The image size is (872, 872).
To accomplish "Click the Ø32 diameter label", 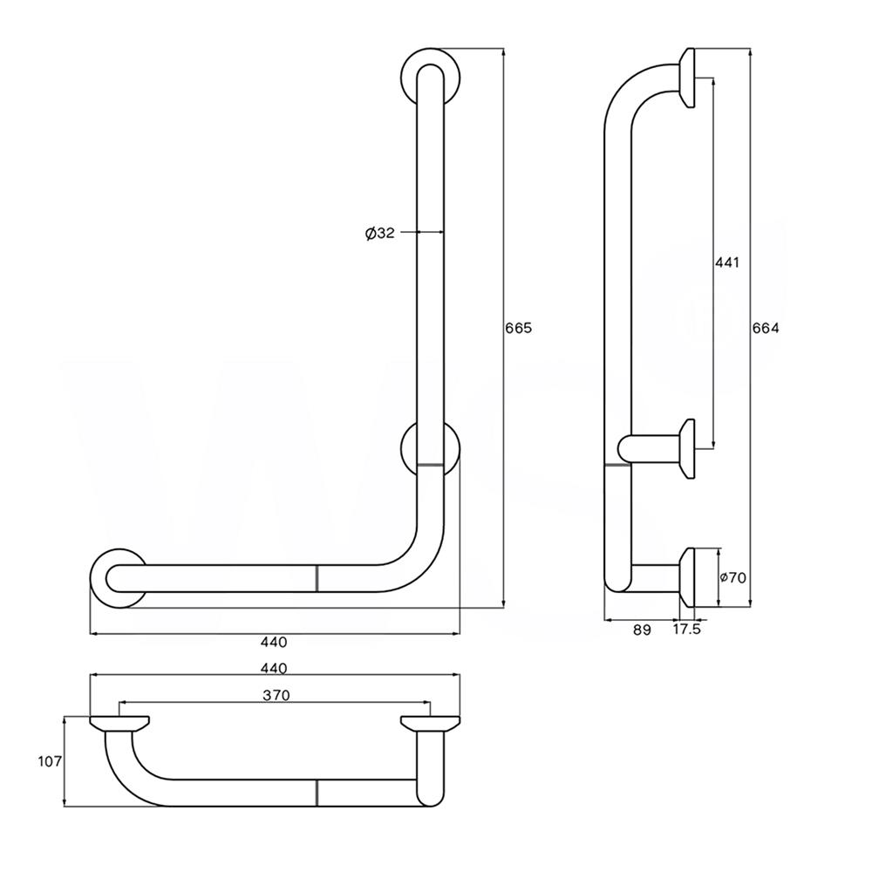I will (x=380, y=233).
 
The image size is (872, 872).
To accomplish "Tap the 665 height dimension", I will (x=518, y=328).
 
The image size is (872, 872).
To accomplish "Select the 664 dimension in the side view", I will (x=766, y=328).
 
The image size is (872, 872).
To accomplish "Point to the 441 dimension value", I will (x=726, y=262).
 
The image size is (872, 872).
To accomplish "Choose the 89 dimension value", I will (x=642, y=630).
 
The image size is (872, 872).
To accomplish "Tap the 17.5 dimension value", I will (x=687, y=630).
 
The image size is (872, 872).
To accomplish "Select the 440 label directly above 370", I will (x=274, y=668).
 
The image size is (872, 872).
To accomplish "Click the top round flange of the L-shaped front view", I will (x=431, y=76).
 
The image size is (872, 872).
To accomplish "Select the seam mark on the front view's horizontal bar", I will (x=317, y=578).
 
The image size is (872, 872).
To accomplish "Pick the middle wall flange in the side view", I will (x=687, y=449).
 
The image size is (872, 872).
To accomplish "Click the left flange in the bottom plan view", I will (x=119, y=723).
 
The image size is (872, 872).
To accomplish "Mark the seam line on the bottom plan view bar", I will (x=317, y=792).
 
